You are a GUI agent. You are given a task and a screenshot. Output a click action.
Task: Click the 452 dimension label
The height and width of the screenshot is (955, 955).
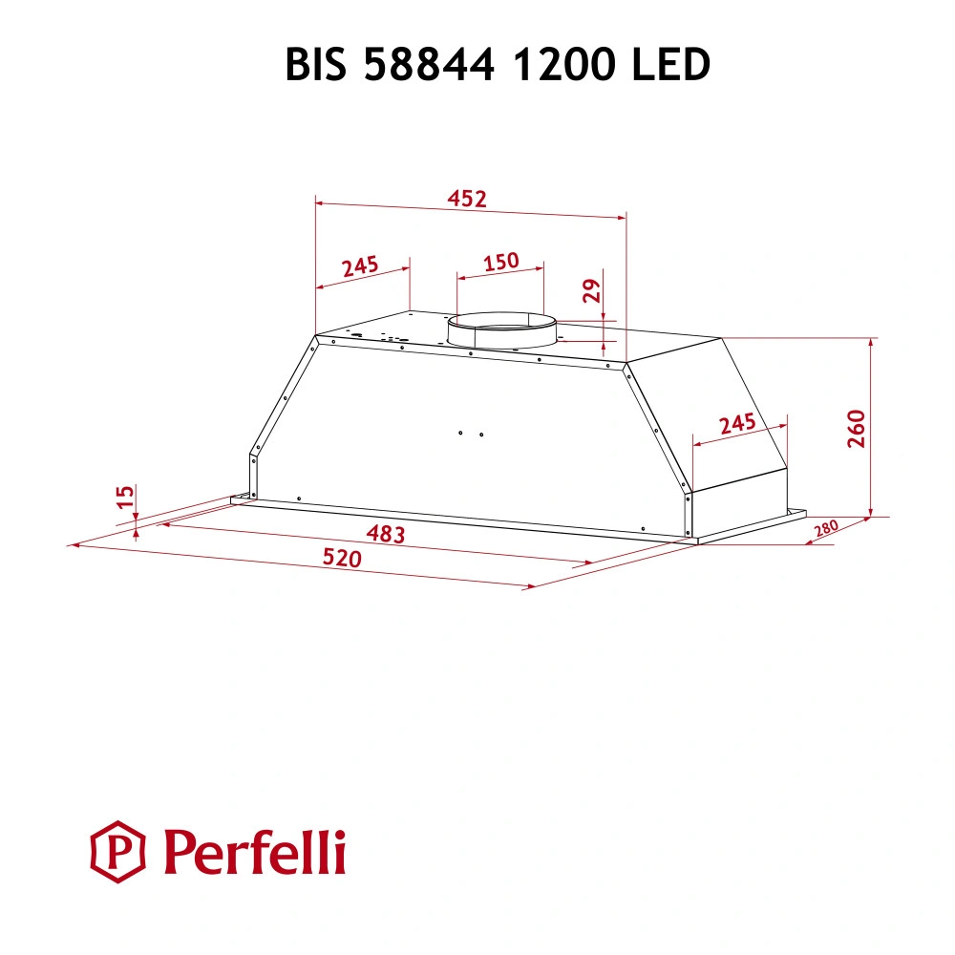click(x=468, y=199)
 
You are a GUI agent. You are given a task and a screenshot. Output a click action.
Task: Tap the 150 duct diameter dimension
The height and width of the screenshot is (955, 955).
click(x=500, y=261)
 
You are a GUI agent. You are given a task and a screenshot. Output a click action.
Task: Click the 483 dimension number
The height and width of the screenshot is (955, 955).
click(x=386, y=534)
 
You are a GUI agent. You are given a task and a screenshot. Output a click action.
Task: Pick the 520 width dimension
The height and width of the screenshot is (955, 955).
click(x=342, y=559)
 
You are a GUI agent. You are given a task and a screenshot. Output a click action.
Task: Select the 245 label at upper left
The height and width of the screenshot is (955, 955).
click(x=361, y=265)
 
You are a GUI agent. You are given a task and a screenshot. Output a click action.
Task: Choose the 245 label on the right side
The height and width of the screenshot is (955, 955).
click(x=737, y=423)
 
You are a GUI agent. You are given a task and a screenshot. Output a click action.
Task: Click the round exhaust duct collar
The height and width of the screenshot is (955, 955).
click(x=502, y=332)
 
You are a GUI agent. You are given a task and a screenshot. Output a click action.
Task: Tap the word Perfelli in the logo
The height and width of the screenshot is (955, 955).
click(x=255, y=852)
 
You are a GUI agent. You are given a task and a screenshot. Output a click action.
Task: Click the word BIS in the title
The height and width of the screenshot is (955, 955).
click(x=319, y=65)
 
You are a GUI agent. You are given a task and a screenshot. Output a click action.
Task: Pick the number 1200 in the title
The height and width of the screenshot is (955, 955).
click(x=557, y=65)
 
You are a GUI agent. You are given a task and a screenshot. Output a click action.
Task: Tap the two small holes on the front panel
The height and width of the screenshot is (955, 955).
click(x=470, y=435)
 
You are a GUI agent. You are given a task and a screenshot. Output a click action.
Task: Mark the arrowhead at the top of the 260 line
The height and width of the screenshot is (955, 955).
click(x=872, y=342)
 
